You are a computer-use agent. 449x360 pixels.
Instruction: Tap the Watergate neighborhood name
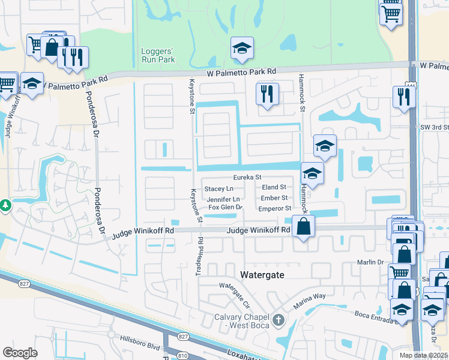coord(262,274)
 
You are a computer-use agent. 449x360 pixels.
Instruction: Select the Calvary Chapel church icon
coord(278,320)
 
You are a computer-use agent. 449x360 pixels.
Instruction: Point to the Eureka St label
coord(247,178)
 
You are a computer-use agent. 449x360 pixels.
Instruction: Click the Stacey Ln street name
coord(218,188)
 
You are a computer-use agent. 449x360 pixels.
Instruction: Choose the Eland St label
coord(274,187)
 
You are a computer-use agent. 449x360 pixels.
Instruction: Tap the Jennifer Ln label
coord(223,199)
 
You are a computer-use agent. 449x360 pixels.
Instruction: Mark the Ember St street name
coord(274,197)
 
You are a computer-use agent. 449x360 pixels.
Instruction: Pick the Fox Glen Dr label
coord(224,208)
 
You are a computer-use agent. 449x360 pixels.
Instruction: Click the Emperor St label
coord(274,208)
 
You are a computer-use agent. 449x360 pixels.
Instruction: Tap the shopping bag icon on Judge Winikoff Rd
coord(304,227)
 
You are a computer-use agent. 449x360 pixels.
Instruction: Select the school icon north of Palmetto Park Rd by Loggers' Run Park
coord(243,48)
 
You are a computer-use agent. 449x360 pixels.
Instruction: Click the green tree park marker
coord(5,206)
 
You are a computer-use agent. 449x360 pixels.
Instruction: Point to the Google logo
coord(20,352)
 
